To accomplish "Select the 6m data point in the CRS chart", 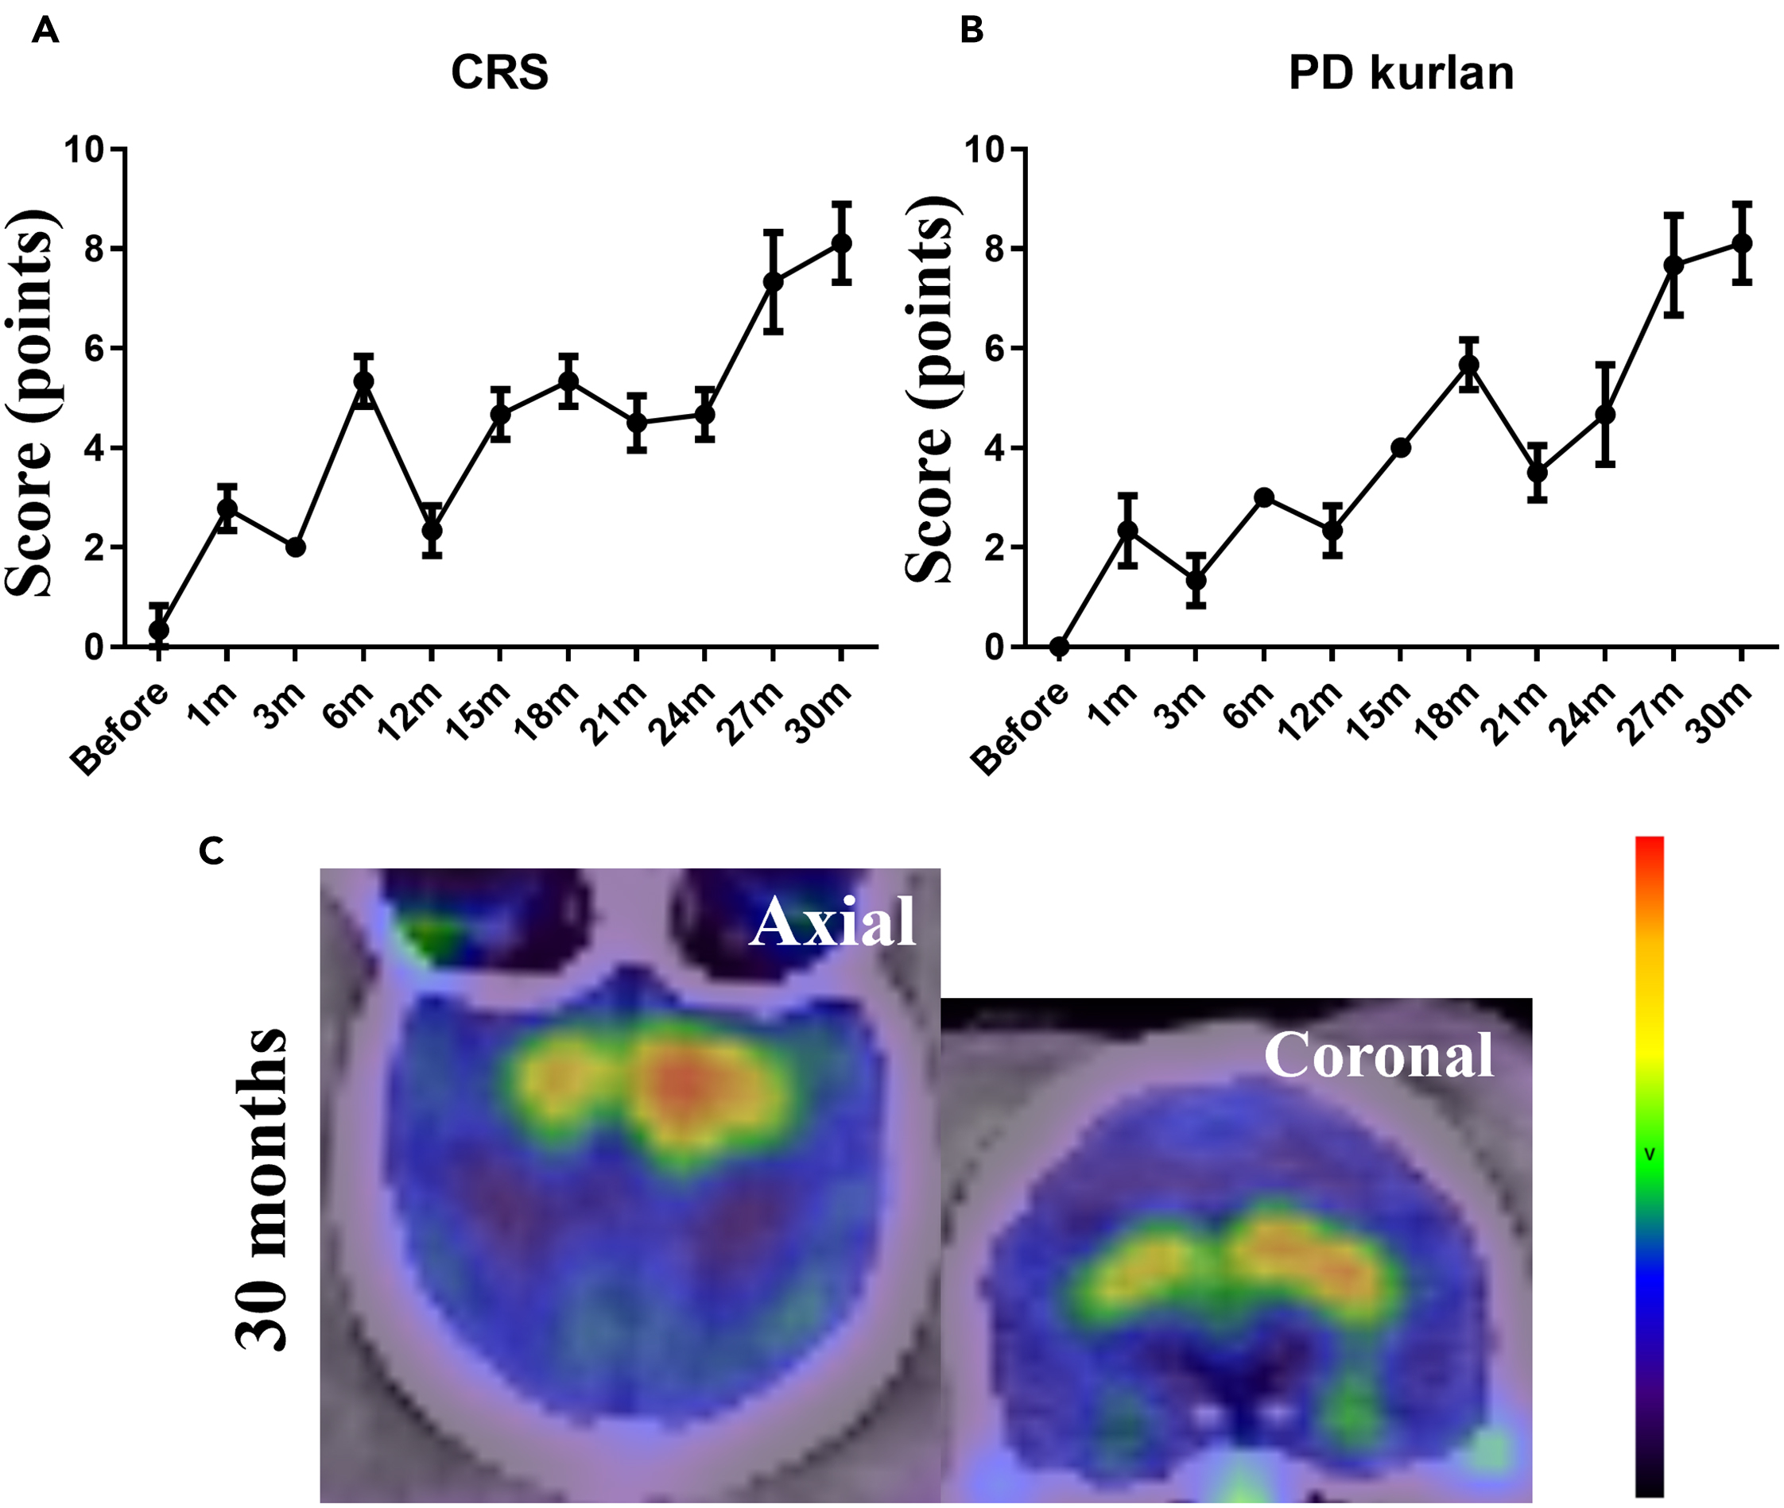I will (363, 381).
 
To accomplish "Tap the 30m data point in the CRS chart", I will (842, 244).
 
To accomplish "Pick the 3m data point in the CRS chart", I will (295, 547).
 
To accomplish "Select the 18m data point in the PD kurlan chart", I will (1469, 365).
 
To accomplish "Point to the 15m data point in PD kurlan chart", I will (1401, 447).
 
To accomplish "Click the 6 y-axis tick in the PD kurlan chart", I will (995, 349).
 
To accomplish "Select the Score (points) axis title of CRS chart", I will (33, 402).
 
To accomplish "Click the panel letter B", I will (972, 31).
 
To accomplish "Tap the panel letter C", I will (211, 851).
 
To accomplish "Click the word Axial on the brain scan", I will (832, 922).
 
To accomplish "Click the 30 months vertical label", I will (261, 1189).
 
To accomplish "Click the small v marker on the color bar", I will (1650, 1154).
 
